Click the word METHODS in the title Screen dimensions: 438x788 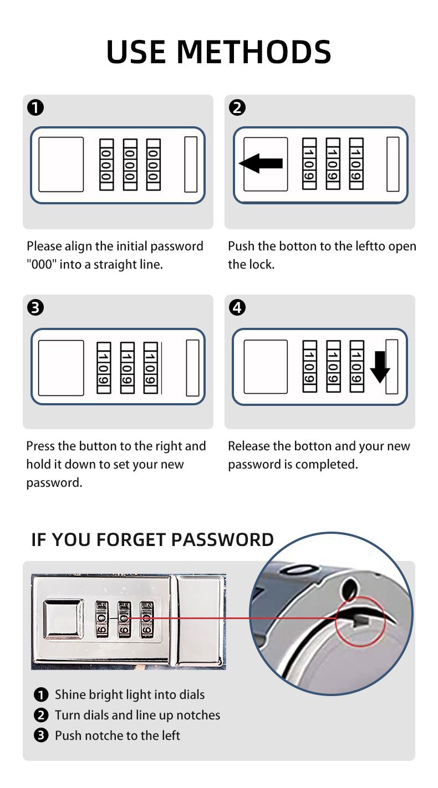click(x=254, y=51)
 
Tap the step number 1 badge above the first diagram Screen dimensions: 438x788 click(x=35, y=107)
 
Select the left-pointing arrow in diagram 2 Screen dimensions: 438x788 click(x=261, y=163)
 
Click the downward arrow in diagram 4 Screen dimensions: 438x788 click(x=380, y=367)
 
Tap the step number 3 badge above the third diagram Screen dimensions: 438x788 click(x=35, y=307)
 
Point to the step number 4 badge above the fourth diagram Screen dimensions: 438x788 click(x=237, y=307)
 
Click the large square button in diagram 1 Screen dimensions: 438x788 click(x=61, y=164)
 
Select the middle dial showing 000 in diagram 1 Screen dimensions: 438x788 click(x=130, y=164)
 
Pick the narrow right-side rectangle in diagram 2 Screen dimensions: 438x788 click(x=393, y=164)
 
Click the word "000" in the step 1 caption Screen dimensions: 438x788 click(x=41, y=264)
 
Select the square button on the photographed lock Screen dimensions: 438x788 click(x=63, y=620)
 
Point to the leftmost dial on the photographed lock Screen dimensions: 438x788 click(x=102, y=619)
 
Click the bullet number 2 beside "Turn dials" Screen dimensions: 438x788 click(x=41, y=715)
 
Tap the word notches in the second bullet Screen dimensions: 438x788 click(x=198, y=715)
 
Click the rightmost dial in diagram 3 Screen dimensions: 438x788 click(x=150, y=368)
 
